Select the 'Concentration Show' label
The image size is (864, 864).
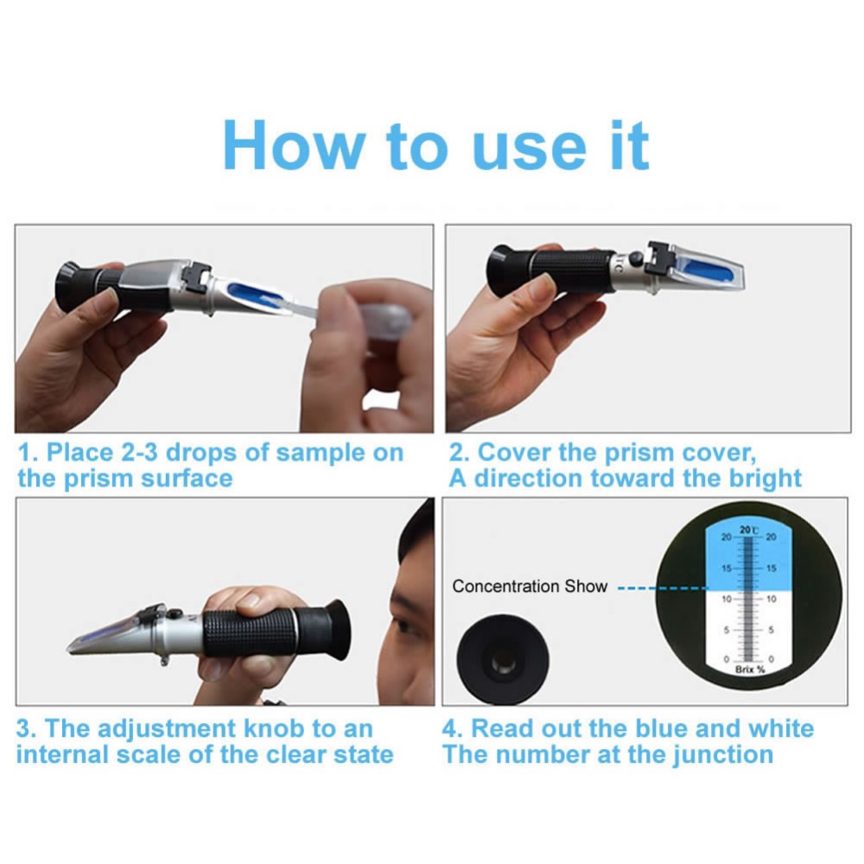point(530,587)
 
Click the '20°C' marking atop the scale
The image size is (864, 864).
point(749,530)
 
